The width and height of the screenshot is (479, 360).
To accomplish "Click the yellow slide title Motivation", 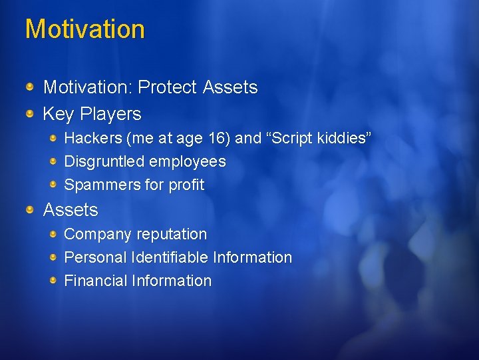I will click(84, 29).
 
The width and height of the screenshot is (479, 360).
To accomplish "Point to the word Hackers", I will click(90, 139).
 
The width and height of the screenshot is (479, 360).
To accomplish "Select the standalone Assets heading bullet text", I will click(71, 210).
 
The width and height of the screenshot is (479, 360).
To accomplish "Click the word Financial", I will click(95, 281).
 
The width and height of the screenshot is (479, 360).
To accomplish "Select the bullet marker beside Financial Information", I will click(53, 280).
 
